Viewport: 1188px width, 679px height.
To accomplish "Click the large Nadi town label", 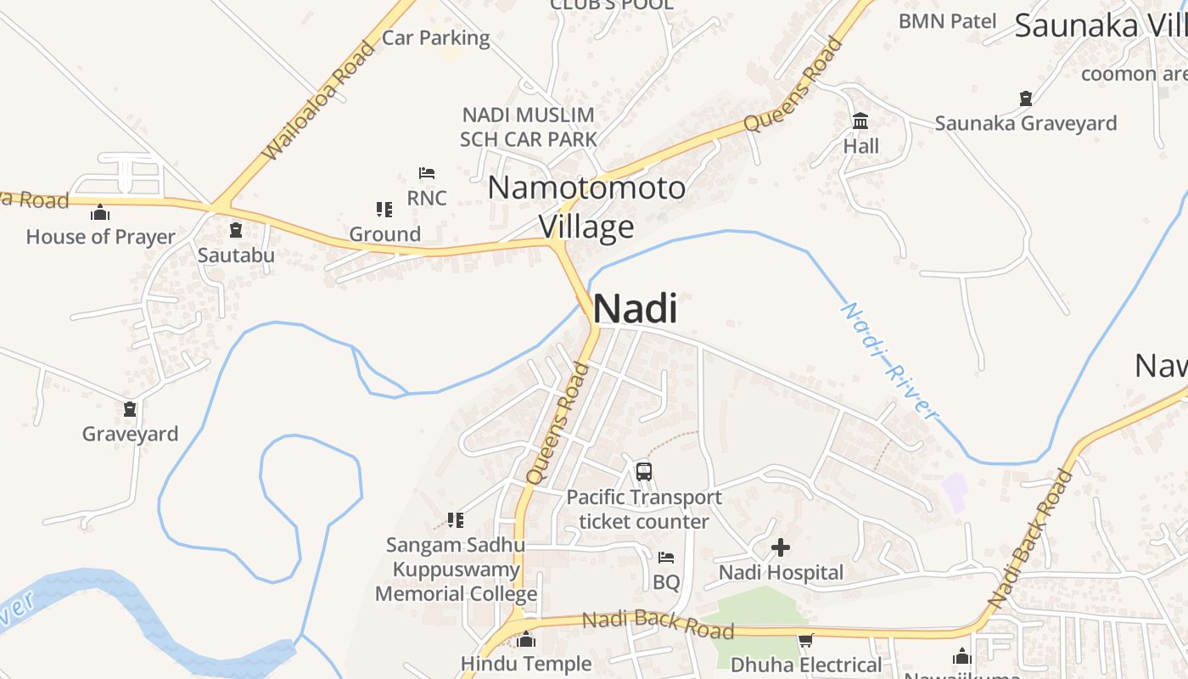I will click(635, 308).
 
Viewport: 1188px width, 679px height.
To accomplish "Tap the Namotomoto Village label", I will click(586, 207).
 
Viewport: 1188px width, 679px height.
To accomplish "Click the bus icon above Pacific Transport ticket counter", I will click(644, 471).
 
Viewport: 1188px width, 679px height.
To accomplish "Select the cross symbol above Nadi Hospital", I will click(781, 547).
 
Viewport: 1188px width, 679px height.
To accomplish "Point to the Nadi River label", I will click(888, 360).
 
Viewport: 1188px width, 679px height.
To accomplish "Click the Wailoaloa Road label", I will click(319, 101).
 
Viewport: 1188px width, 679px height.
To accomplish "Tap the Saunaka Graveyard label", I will click(1026, 123).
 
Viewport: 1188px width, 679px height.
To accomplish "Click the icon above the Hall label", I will click(860, 121).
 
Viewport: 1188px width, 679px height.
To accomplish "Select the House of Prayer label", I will click(100, 237).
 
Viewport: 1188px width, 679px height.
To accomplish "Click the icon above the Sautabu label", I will click(236, 230).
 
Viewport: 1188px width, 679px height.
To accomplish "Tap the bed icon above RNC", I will click(427, 173).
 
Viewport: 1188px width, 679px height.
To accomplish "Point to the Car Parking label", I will click(436, 37).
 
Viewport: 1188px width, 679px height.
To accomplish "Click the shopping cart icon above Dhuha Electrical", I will click(805, 641).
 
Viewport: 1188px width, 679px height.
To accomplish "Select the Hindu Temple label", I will click(526, 663).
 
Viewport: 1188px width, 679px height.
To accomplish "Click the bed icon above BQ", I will click(666, 558).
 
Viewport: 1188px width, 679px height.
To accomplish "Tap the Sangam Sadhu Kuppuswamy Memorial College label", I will click(456, 570).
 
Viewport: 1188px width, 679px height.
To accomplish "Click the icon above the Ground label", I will click(384, 209).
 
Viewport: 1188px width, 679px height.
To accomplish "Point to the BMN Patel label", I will click(947, 20).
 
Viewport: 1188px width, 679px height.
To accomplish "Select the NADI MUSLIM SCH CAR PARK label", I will click(528, 126).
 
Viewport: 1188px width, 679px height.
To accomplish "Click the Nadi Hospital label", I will click(781, 573).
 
